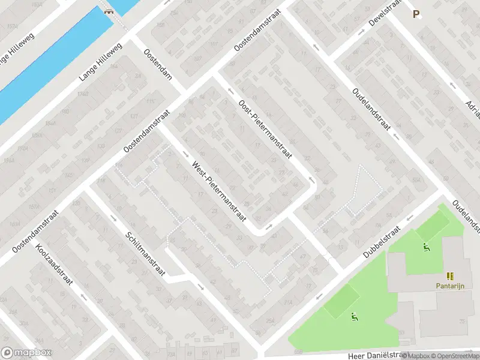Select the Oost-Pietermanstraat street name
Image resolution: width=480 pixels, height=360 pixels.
coord(265,129)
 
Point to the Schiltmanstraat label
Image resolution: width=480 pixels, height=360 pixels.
coord(146,254)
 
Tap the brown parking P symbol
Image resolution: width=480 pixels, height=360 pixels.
coord(415,14)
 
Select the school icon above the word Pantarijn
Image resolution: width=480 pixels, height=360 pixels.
coord(450,276)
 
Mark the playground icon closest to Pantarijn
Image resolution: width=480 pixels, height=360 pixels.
coord(426,246)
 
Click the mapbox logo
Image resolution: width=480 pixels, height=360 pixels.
coord(25,353)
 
